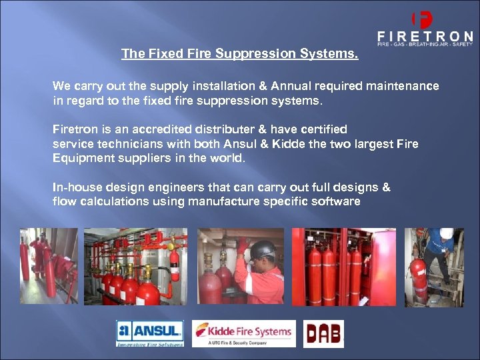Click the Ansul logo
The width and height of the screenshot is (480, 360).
coord(150,333)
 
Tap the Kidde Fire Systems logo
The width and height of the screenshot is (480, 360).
coord(244,333)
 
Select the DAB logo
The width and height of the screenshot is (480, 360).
coord(323,334)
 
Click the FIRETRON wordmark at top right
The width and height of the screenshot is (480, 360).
coord(425,36)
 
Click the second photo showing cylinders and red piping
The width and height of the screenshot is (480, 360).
coord(136,267)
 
